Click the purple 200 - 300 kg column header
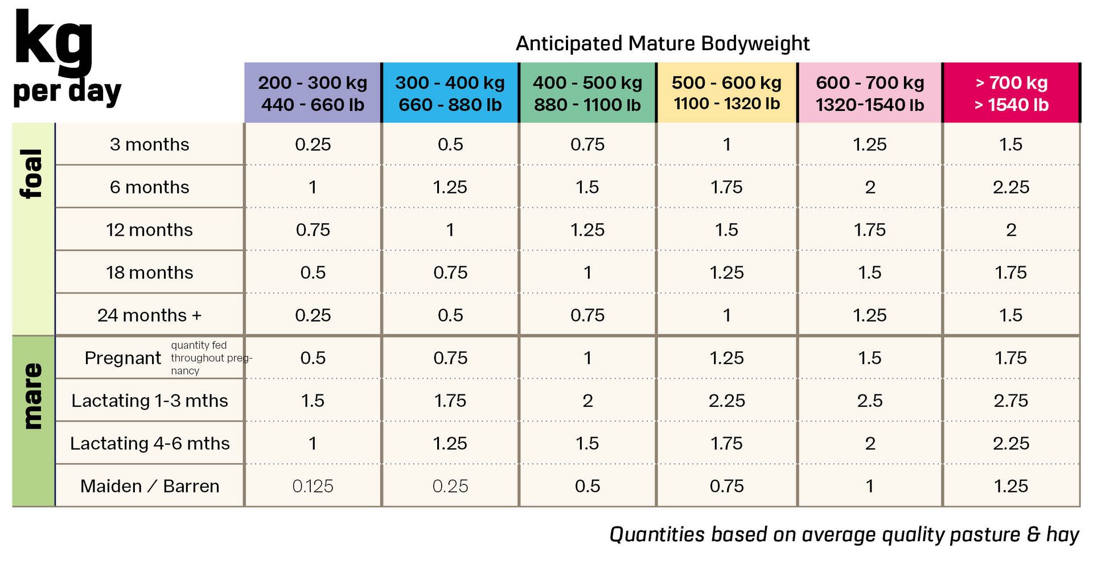click(313, 93)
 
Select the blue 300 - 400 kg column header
click(450, 93)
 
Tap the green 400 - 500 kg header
click(587, 93)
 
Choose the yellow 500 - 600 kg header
click(727, 93)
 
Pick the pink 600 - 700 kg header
click(870, 93)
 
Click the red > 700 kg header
click(1011, 93)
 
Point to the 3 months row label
click(150, 145)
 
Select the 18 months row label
click(150, 273)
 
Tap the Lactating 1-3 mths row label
click(150, 401)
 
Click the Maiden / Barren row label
click(150, 486)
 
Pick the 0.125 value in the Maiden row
click(313, 486)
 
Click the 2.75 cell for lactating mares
click(1011, 401)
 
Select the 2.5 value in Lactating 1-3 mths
click(870, 401)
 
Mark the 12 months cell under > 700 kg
click(1011, 230)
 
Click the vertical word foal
click(32, 174)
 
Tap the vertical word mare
click(32, 396)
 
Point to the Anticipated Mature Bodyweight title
click(663, 43)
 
